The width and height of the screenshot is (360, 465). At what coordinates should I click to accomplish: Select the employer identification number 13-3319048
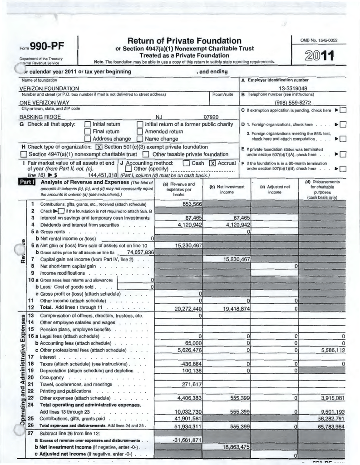pos(293,88)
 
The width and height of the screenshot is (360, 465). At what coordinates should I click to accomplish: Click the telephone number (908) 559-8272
pos(293,103)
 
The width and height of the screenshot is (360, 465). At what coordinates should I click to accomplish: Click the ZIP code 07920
pos(211,117)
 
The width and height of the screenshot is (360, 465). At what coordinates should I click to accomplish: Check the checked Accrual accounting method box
pos(212,163)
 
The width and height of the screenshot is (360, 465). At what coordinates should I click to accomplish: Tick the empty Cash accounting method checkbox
pos(186,163)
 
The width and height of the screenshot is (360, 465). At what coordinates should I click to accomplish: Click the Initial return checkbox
pos(88,124)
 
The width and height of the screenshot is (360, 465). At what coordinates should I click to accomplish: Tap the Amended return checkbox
pos(140,132)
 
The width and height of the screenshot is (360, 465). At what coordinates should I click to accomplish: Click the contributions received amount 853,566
pos(192,204)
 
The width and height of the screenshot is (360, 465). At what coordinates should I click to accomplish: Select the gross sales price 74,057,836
pos(136,252)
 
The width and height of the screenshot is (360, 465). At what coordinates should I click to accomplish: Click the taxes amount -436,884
pos(191,364)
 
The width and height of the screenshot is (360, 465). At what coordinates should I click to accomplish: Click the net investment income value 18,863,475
pos(236,447)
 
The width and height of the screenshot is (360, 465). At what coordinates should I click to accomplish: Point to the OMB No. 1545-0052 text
pos(319,40)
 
